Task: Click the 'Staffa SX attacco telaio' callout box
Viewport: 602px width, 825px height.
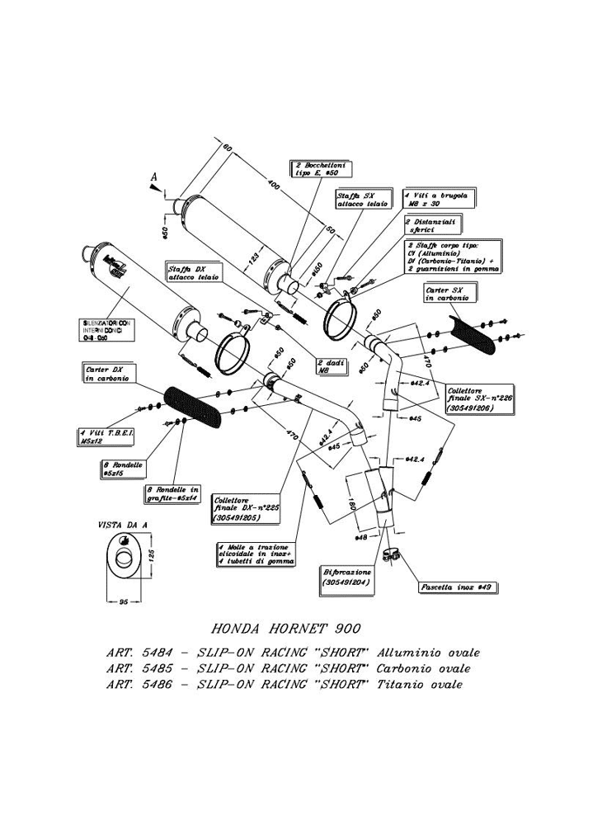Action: (360, 200)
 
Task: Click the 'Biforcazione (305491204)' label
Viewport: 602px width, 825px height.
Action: (346, 576)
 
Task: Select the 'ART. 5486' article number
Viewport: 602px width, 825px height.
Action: (138, 684)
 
